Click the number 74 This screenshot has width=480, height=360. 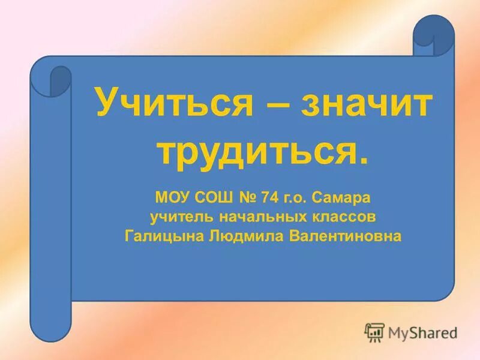coord(272,196)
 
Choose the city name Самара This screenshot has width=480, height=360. coord(344,196)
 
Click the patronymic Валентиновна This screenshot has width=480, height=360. coord(345,236)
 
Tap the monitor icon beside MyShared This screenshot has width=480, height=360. coord(374,332)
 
